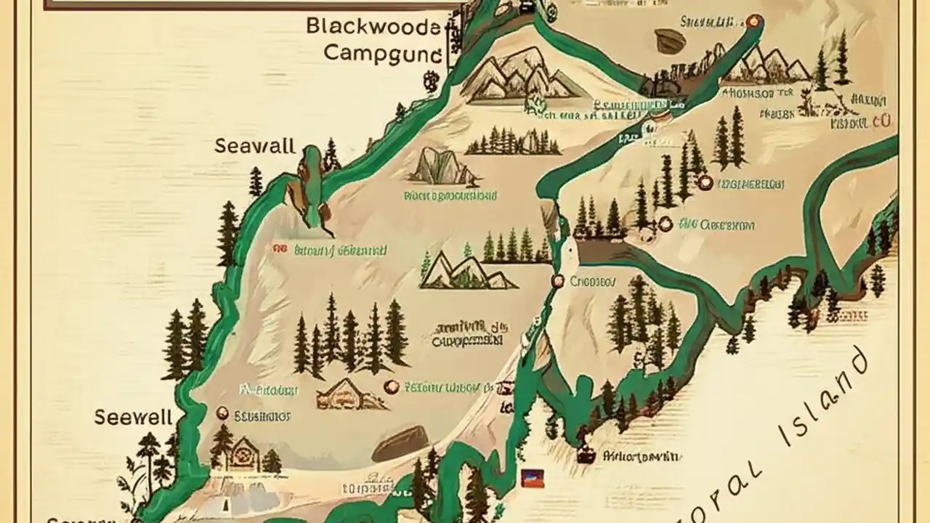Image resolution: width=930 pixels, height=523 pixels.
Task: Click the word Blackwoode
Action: [373, 27]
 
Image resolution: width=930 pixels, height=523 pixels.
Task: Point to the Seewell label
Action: [134, 417]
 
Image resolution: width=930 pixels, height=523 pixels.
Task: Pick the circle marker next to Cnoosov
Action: [558, 280]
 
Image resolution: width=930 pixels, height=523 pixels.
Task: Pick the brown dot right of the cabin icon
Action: [391, 386]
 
